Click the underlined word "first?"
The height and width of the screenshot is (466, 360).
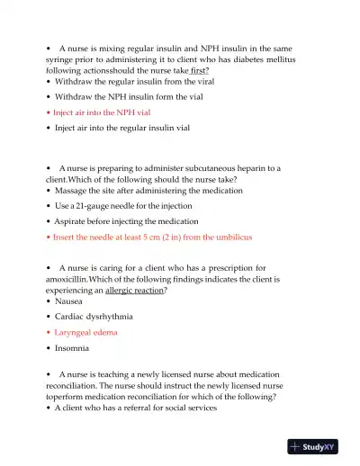click(195, 70)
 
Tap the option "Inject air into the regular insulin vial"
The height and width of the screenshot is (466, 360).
click(121, 129)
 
